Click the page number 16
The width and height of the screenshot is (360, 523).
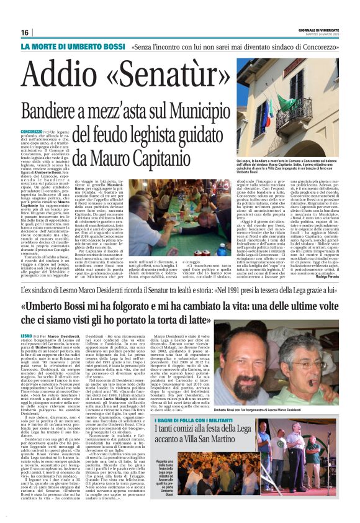[x=25, y=33]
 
